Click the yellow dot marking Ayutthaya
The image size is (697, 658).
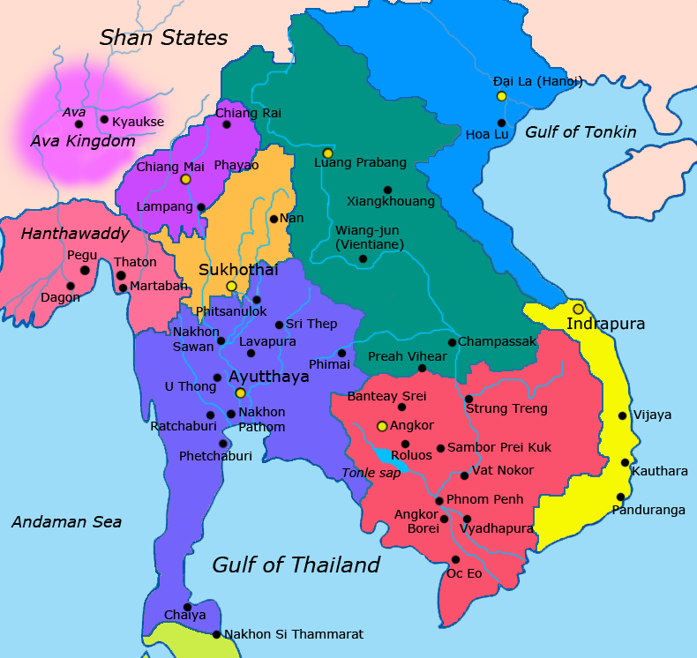coord(240,393)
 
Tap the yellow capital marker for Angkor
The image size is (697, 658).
coord(381,426)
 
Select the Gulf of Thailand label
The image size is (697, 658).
coord(296,565)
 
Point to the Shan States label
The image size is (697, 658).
coord(163,37)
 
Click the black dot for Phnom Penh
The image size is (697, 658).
coord(439,501)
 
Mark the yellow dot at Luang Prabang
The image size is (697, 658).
coord(327,153)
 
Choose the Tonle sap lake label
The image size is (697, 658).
coord(371,474)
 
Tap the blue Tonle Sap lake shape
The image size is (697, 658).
coord(386,457)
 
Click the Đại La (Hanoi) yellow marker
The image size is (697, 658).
coord(501,96)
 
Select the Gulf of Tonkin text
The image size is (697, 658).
coord(581,132)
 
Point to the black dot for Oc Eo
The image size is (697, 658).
coord(455,559)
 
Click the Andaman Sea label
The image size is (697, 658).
coord(66,522)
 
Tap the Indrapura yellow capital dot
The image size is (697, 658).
coord(578,309)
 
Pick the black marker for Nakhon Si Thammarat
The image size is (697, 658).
coord(216,634)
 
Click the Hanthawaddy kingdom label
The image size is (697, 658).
coord(75,234)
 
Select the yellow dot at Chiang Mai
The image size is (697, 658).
coord(185,179)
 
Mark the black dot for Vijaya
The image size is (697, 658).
coord(623,415)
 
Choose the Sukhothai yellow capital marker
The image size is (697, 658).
coord(231,286)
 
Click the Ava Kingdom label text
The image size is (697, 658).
coord(83,141)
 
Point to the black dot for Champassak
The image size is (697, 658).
coord(452,342)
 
